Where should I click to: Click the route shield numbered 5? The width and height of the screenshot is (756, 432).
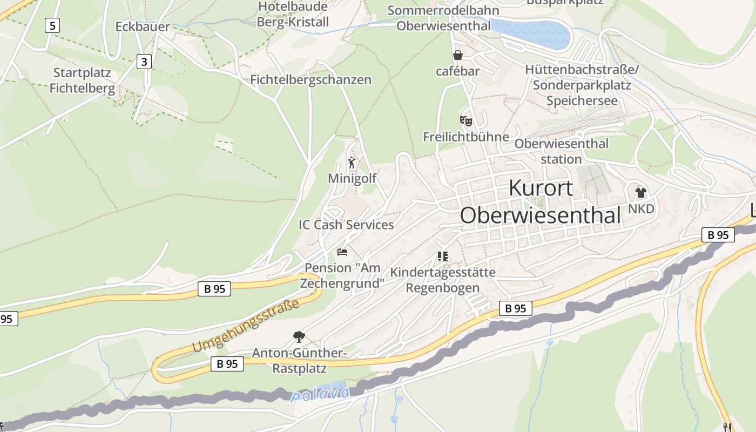pyautogui.click(x=52, y=25)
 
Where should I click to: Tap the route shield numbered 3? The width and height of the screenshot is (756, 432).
pyautogui.click(x=144, y=62)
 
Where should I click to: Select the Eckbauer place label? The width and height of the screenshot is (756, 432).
pyautogui.click(x=142, y=26)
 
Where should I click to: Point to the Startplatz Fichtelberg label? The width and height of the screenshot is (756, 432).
pyautogui.click(x=82, y=80)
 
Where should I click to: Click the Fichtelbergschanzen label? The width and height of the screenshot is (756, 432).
pyautogui.click(x=310, y=79)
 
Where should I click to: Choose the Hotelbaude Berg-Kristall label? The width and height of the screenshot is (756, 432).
pyautogui.click(x=293, y=14)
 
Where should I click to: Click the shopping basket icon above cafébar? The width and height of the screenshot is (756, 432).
pyautogui.click(x=458, y=55)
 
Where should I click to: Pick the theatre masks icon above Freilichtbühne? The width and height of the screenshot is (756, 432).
pyautogui.click(x=465, y=121)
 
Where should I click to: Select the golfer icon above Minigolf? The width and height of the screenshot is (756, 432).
pyautogui.click(x=352, y=162)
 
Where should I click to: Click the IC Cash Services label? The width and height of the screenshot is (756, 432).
pyautogui.click(x=346, y=225)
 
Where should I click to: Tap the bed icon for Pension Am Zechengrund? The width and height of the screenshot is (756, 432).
pyautogui.click(x=342, y=252)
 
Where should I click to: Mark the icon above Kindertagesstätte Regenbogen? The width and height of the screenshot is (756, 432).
pyautogui.click(x=443, y=256)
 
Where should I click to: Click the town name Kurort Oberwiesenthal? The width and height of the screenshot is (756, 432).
pyautogui.click(x=541, y=201)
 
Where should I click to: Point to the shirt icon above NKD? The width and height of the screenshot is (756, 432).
pyautogui.click(x=641, y=193)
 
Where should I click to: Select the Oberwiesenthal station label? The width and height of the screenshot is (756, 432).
pyautogui.click(x=561, y=151)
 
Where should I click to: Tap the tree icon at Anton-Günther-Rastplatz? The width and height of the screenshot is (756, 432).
pyautogui.click(x=299, y=337)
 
